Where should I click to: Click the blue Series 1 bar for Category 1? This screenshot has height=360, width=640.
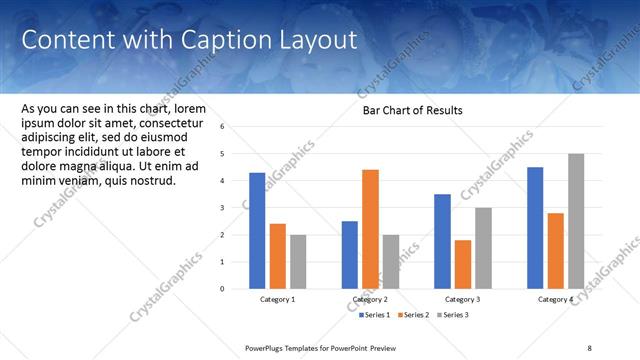257,230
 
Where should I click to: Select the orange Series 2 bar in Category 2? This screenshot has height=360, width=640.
370,229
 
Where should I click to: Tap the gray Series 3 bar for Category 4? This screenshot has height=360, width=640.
576,221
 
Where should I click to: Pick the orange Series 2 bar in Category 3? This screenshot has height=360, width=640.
463,264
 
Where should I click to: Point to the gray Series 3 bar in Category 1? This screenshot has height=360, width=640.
298,261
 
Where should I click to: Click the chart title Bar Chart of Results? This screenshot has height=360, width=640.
412,110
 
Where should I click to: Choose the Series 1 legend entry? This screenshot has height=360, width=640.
374,315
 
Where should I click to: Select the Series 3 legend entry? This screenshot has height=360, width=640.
453,315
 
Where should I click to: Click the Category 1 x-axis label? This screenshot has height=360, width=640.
278,300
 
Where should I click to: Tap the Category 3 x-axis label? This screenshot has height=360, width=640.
463,300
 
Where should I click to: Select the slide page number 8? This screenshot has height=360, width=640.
589,347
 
